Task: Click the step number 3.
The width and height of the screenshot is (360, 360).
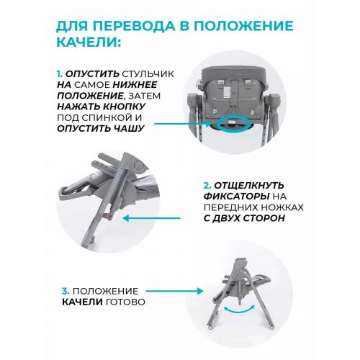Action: coord(66,290)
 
